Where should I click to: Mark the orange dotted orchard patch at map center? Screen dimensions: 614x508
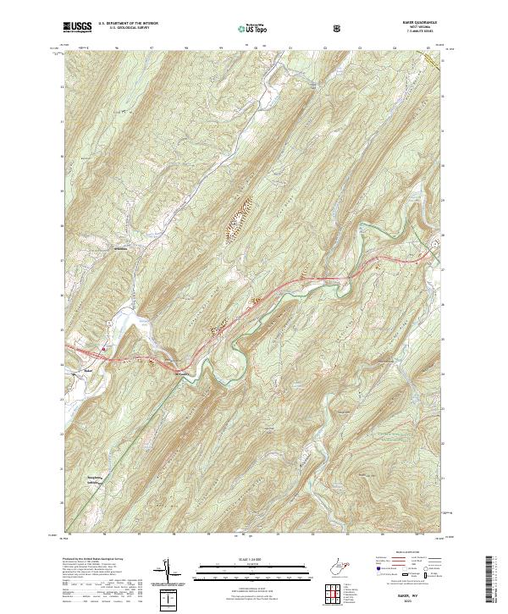coord(234,219)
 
